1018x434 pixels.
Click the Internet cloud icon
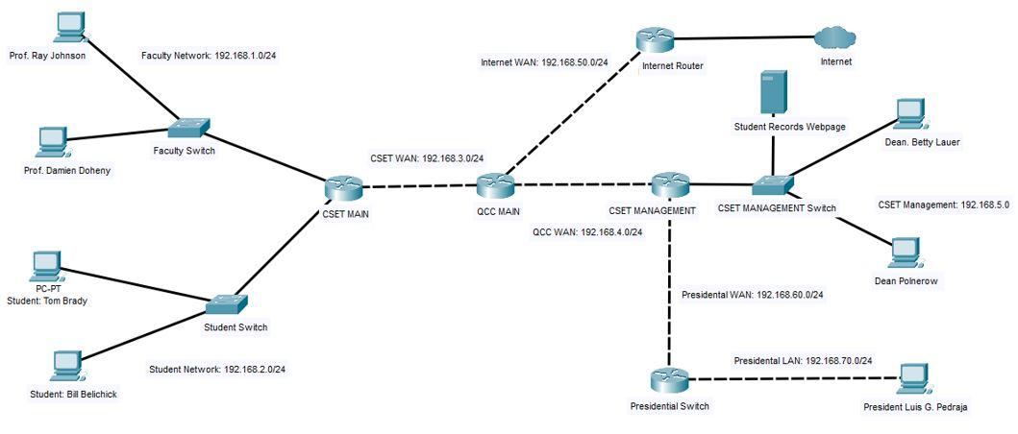833,37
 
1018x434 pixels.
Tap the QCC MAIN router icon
496,186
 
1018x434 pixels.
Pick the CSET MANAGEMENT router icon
669,184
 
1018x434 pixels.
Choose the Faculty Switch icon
188,130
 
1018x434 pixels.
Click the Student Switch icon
228,304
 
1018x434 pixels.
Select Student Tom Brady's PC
46,265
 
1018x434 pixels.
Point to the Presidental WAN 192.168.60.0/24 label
752,295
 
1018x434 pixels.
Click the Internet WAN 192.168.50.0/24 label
544,62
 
